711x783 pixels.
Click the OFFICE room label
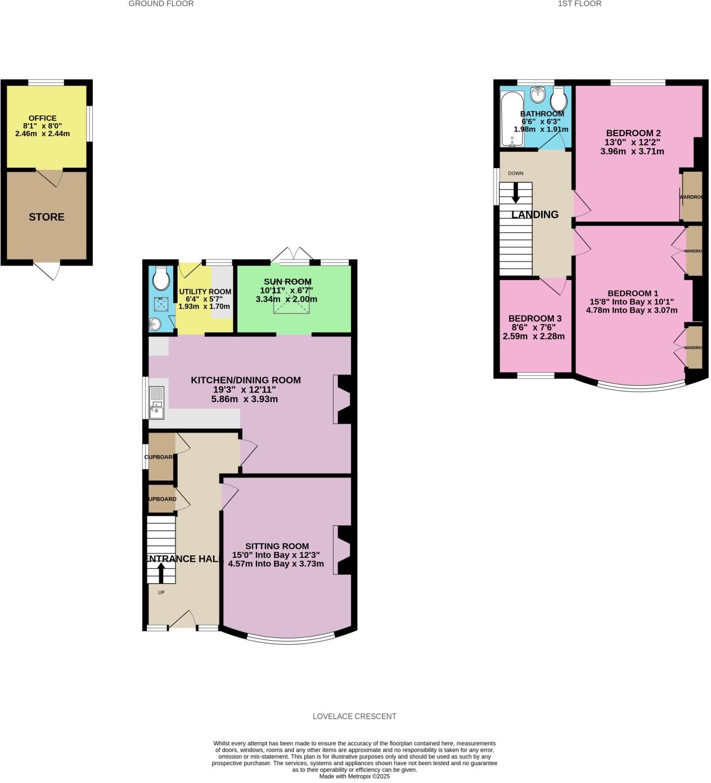43,118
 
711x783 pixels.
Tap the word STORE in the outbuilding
47,217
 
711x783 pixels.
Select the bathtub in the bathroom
512,119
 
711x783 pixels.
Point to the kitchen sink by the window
156,403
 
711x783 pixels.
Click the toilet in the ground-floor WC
161,277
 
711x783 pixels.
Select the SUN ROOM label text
287,282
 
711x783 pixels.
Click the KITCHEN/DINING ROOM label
246,380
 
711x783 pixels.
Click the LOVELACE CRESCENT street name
354,716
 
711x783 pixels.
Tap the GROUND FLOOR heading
161,3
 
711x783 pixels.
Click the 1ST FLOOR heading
579,3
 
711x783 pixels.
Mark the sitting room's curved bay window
290,640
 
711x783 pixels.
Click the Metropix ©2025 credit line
354,776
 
